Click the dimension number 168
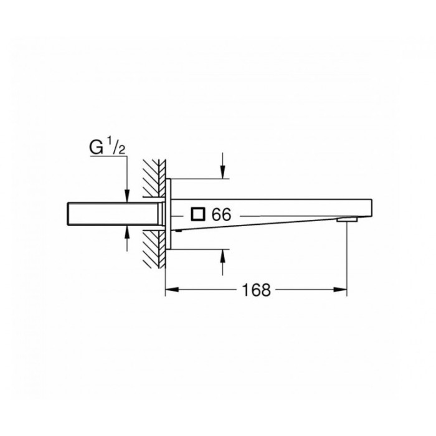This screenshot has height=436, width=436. coord(255,290)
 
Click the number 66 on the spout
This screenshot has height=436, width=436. coord(221,215)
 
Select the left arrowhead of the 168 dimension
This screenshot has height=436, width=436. coord(170,290)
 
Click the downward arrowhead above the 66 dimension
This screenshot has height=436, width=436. coord(222,172)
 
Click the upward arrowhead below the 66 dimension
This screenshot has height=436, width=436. coord(222,256)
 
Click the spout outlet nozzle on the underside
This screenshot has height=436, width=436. coord(347,219)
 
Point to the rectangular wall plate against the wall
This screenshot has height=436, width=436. coord(168,214)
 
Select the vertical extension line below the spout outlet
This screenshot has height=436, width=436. coord(347,262)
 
